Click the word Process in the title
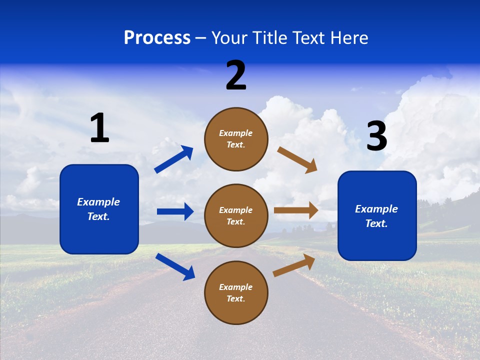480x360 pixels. [157, 38]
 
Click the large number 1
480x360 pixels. [99, 128]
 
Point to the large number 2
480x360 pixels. [236, 75]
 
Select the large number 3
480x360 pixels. [376, 136]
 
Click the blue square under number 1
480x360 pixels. [99, 209]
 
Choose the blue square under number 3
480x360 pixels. [377, 215]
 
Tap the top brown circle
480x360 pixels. [236, 139]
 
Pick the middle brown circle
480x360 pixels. [236, 215]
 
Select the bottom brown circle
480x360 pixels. [236, 292]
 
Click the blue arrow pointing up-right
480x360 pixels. [174, 159]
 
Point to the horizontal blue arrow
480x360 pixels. [175, 211]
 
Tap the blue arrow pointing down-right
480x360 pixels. [175, 266]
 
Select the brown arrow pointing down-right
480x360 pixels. [297, 159]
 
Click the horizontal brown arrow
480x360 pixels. [296, 210]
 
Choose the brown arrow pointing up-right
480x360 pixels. [294, 265]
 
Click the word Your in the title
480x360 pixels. [229, 38]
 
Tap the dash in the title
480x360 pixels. [201, 38]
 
